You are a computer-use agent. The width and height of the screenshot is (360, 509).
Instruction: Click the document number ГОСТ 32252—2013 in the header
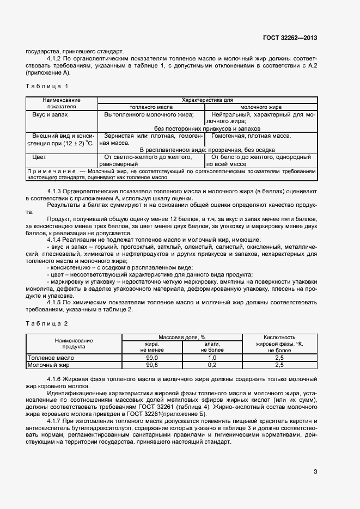[290, 38]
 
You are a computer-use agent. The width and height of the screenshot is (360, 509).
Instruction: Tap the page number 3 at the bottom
[315, 471]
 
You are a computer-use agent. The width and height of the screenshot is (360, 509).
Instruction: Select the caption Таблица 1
[47, 86]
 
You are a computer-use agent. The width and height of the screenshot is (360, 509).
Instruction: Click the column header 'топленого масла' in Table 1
[150, 107]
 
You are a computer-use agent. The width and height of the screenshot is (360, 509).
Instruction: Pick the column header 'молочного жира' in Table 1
[260, 107]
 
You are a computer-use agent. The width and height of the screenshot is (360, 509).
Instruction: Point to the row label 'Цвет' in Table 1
[39, 157]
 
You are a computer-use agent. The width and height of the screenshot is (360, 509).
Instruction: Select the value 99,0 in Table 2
[151, 358]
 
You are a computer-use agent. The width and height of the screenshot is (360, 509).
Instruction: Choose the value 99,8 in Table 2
[151, 365]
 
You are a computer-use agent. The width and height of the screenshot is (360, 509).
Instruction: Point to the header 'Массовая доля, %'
[181, 338]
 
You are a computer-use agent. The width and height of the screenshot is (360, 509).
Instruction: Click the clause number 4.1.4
[56, 240]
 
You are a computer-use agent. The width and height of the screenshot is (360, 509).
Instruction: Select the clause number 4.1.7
[56, 421]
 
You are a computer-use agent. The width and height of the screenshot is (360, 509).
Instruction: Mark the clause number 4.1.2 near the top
[56, 58]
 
